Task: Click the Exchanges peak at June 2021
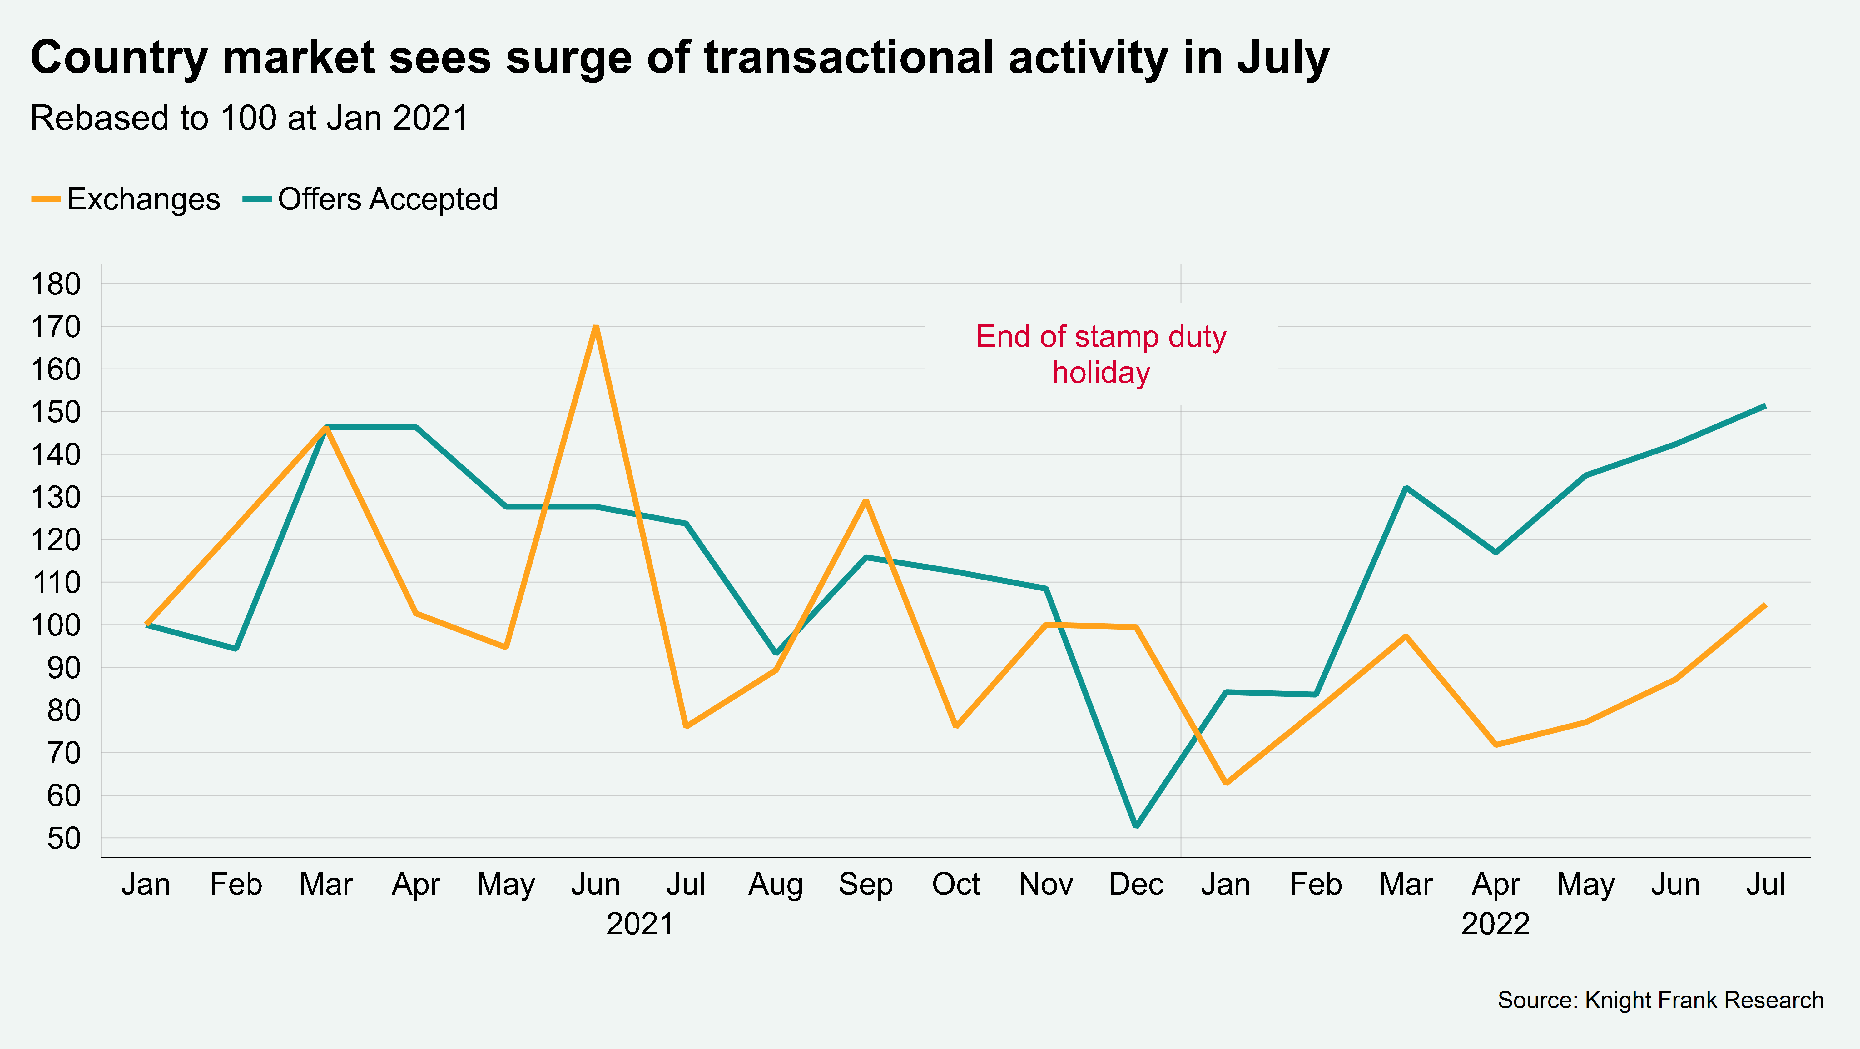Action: point(596,327)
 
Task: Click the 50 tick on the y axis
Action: point(63,838)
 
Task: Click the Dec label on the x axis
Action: point(1136,884)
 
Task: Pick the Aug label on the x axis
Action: point(776,884)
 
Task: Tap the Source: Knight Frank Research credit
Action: point(1660,1000)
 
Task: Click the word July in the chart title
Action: point(1283,58)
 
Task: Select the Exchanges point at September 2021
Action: point(866,501)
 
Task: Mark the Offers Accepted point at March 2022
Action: point(1406,488)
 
